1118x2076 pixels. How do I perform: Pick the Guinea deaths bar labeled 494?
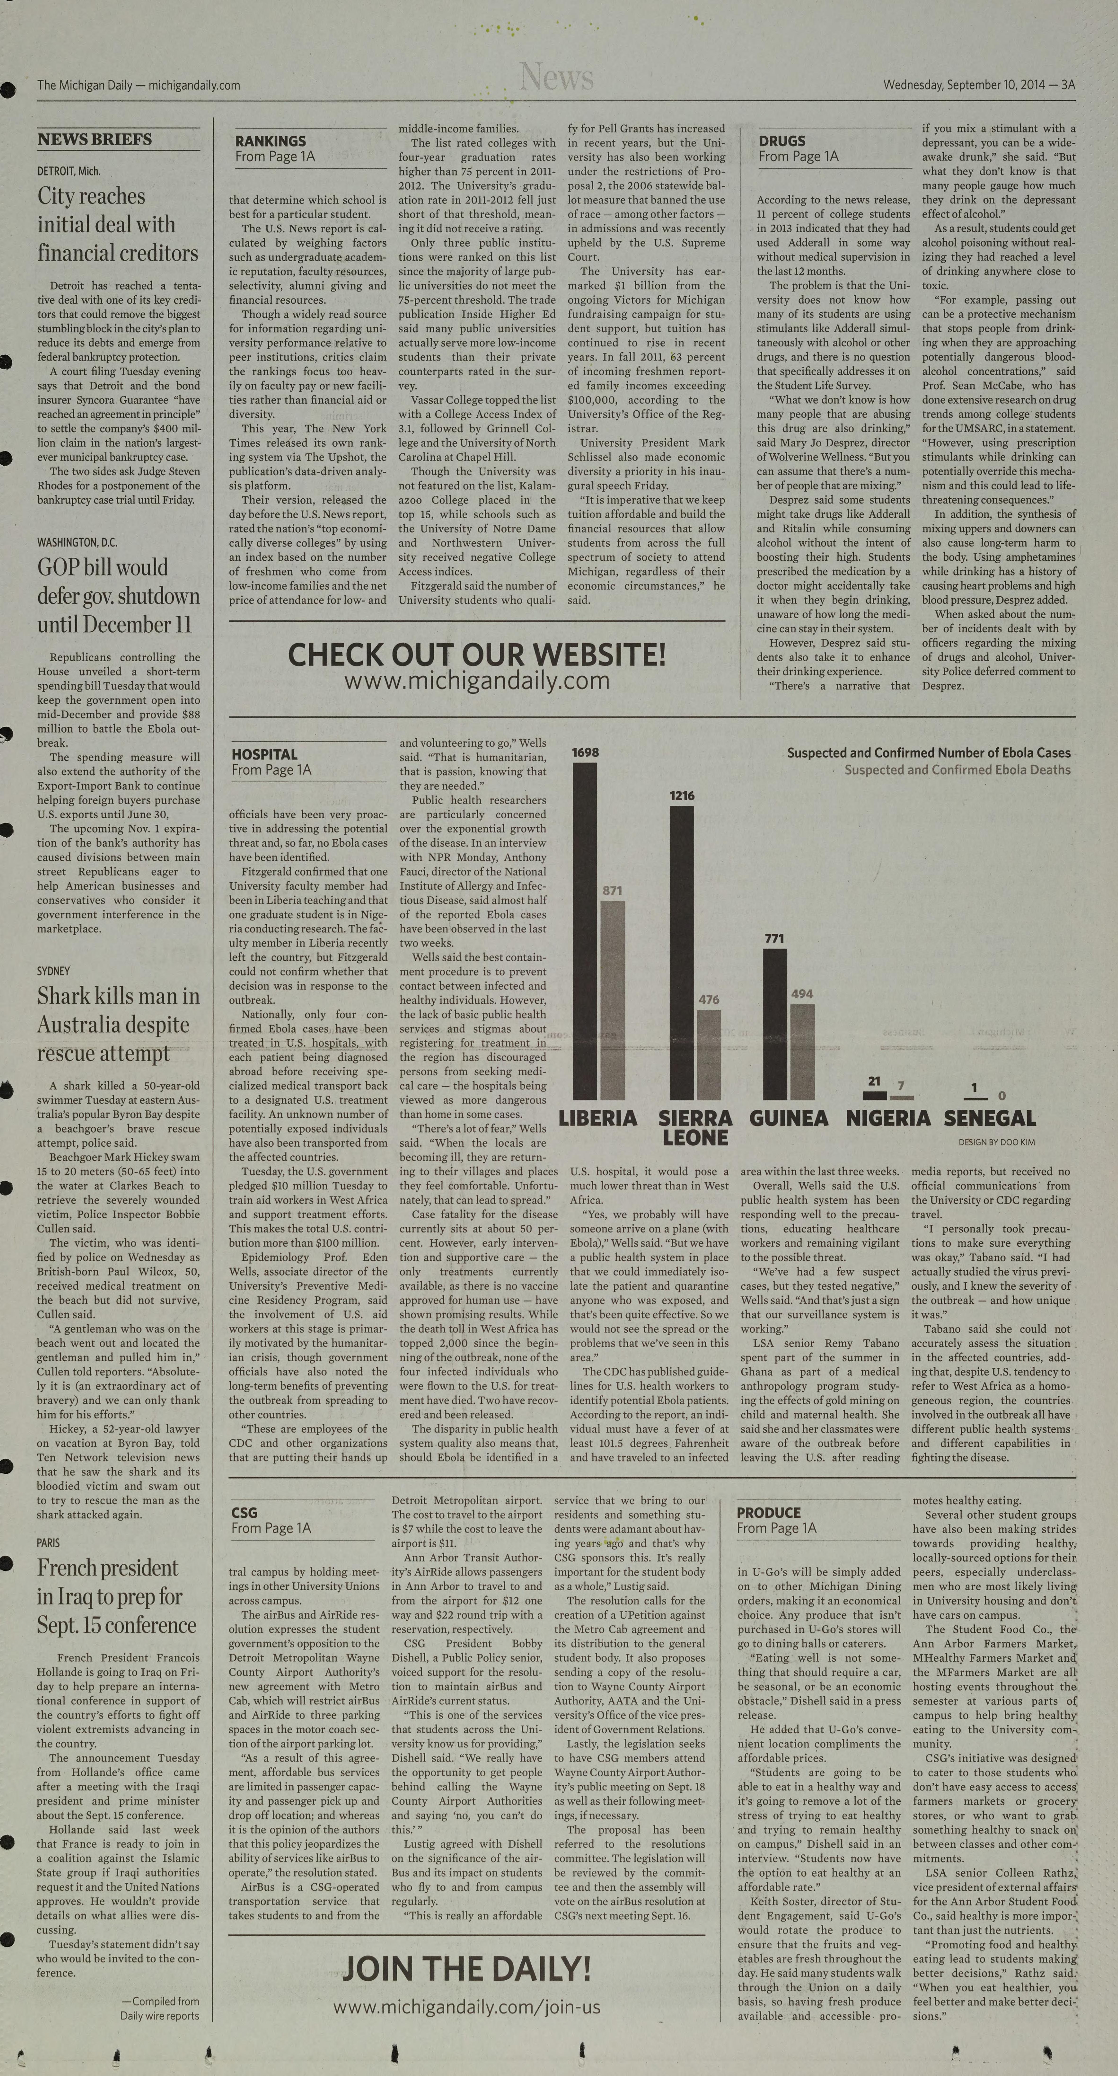[x=802, y=1052]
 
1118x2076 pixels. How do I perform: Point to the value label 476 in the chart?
[x=709, y=999]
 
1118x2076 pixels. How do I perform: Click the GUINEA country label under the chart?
[x=788, y=1119]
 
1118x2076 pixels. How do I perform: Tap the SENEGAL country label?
[x=989, y=1119]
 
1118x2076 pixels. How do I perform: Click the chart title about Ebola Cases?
[x=929, y=753]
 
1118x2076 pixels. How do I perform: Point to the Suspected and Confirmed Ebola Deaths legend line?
[x=957, y=770]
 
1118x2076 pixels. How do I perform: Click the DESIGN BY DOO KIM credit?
[x=996, y=1142]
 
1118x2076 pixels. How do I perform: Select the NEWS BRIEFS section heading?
[x=94, y=139]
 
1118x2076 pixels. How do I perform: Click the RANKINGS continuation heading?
[x=271, y=141]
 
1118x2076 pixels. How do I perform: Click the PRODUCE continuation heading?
[x=768, y=1513]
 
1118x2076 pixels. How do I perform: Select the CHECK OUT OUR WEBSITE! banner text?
[x=477, y=654]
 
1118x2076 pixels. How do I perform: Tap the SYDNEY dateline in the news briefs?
[x=53, y=971]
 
